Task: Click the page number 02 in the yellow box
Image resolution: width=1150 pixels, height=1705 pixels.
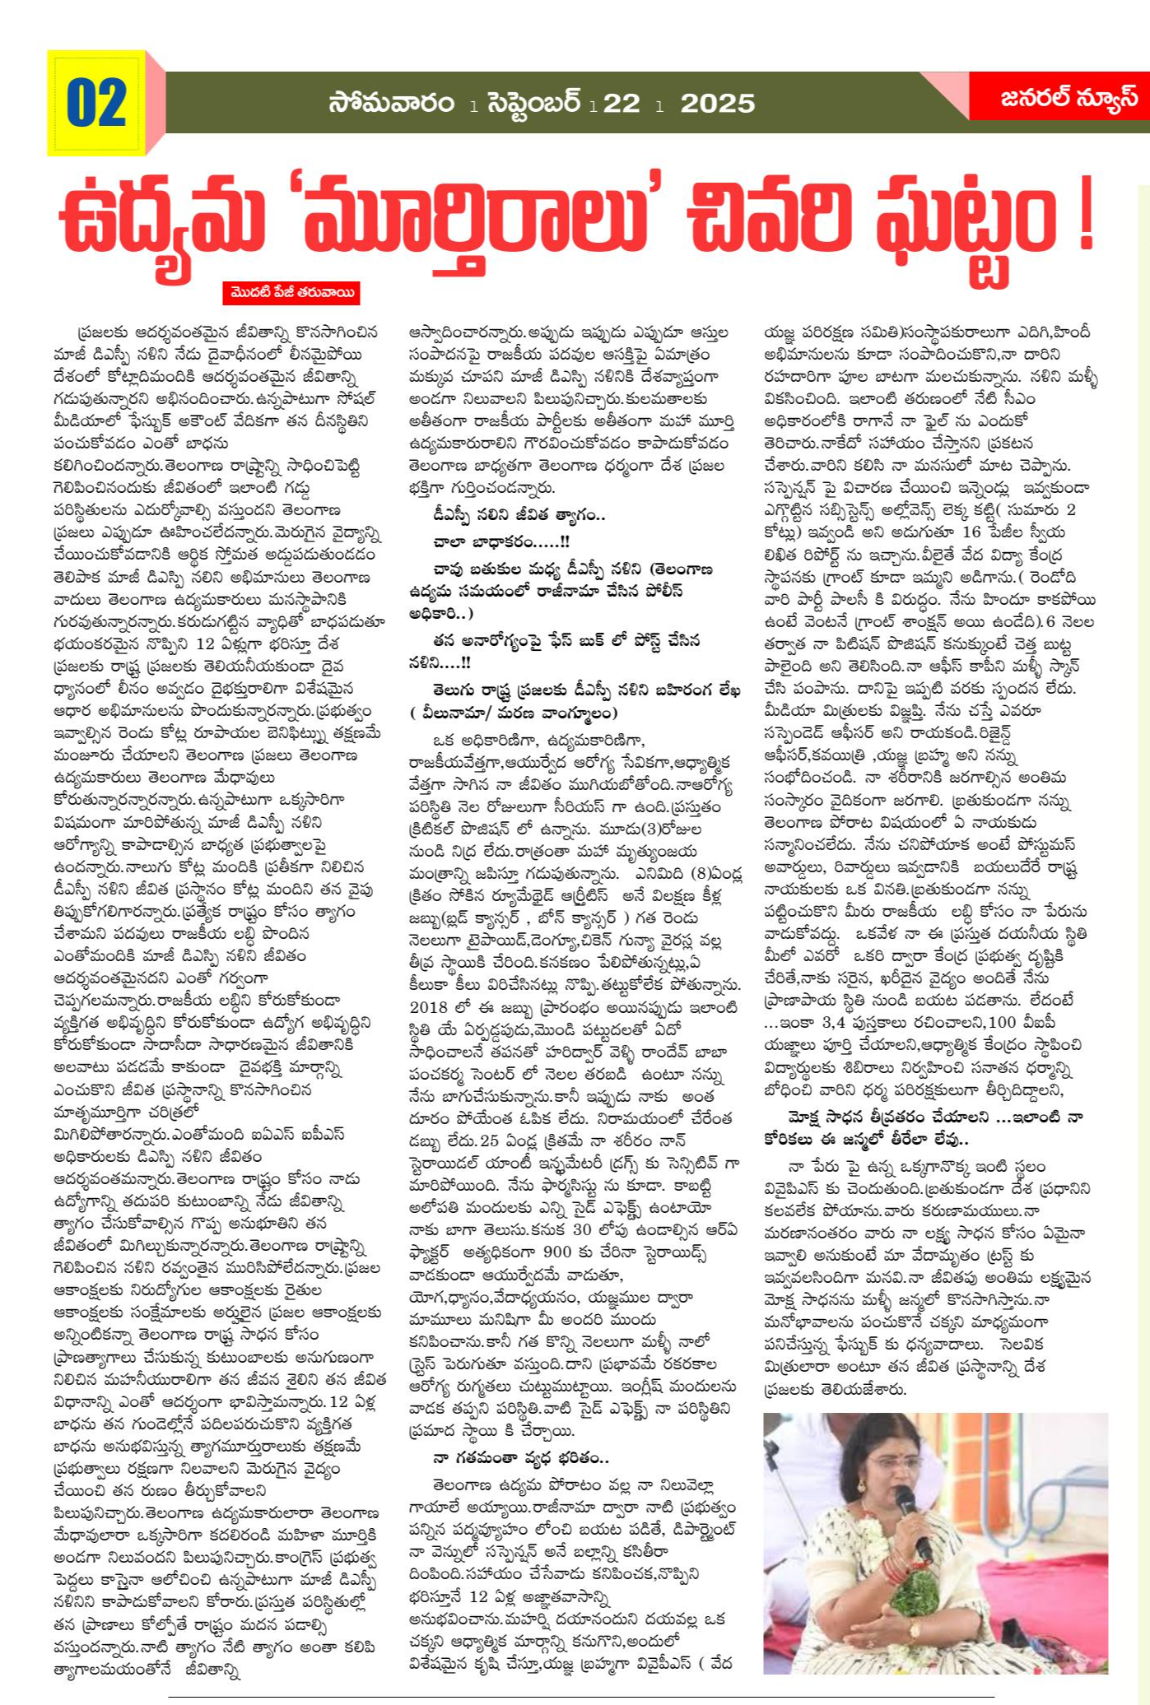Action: click(x=96, y=104)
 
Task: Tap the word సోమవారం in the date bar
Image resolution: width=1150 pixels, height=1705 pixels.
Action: click(x=392, y=104)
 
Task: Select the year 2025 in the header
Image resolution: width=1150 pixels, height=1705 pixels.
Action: click(x=717, y=104)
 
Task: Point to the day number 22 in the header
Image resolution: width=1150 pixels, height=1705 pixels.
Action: click(x=621, y=104)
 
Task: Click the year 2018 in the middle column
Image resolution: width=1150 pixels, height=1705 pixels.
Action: click(x=430, y=1007)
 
